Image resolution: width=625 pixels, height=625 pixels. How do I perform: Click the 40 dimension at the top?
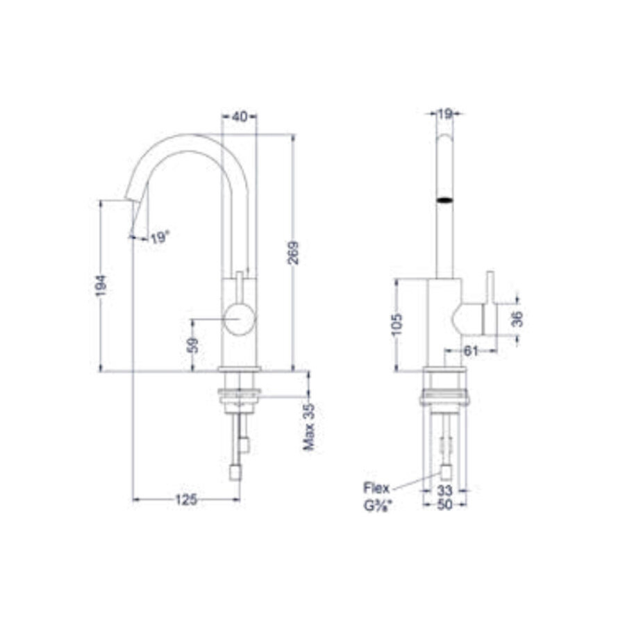point(239,117)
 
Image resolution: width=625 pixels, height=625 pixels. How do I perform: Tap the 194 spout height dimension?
point(101,286)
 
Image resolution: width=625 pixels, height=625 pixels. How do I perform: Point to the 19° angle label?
point(159,238)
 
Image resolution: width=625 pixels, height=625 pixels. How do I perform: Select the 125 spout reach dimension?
point(186,499)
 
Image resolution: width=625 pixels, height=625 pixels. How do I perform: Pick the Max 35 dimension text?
point(309,426)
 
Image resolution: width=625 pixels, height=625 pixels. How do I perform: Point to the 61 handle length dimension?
point(471,351)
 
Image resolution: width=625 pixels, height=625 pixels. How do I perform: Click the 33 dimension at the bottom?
point(444,490)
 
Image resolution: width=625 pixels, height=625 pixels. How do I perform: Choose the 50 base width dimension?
point(444,506)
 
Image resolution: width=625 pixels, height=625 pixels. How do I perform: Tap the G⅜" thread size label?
point(378,506)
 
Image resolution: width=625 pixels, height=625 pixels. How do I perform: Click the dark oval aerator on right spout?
point(444,201)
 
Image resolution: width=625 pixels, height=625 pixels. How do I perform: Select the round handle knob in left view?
point(240,320)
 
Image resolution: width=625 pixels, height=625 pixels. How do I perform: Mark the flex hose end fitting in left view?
point(235,473)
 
